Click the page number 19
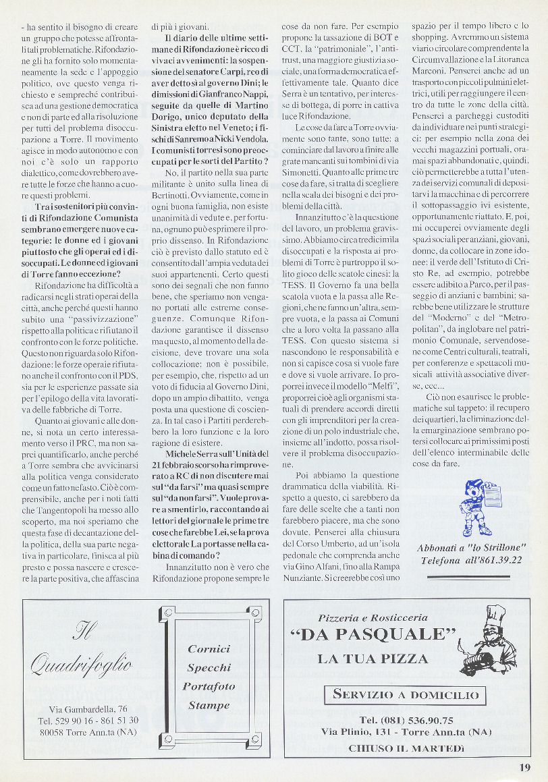point(525,766)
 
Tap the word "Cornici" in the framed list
point(209,649)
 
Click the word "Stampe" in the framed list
point(209,706)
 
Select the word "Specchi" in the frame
point(209,668)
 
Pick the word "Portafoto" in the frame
point(209,687)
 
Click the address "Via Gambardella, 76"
point(88,709)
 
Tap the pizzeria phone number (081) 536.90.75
point(406,720)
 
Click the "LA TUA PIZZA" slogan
point(373,659)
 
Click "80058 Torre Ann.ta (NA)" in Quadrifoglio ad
point(88,732)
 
